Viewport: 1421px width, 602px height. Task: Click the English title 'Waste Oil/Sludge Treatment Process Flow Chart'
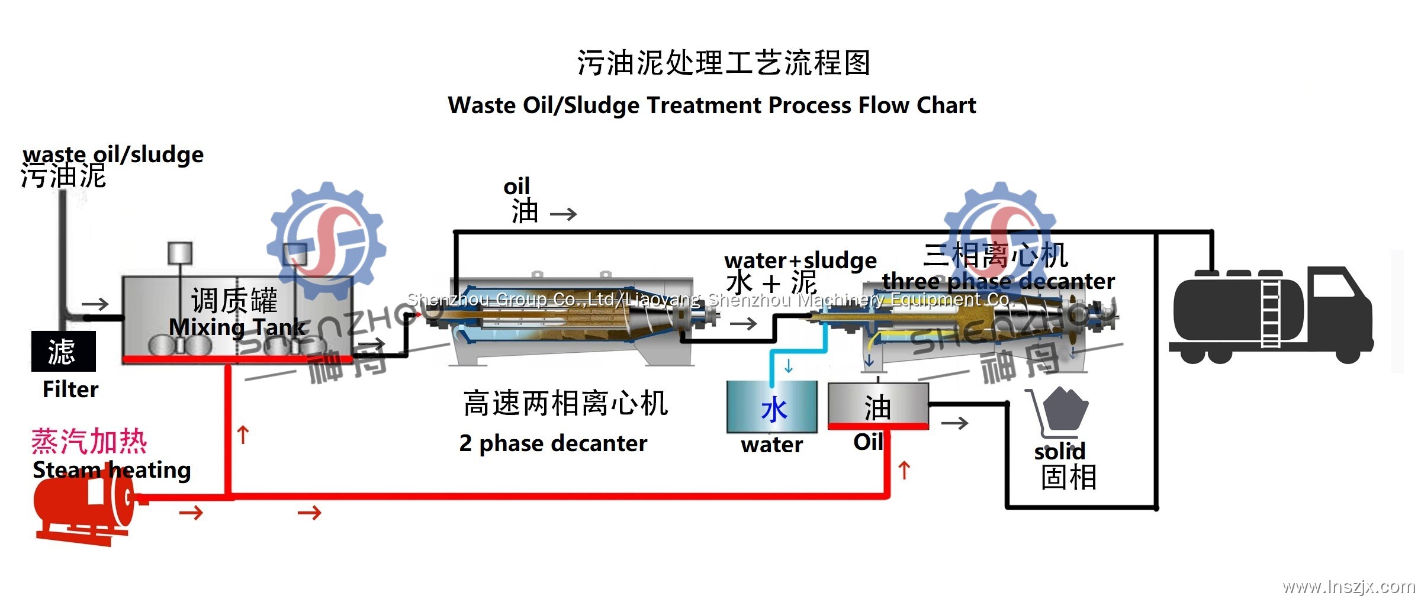(x=712, y=105)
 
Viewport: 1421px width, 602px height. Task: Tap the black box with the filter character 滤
(x=63, y=351)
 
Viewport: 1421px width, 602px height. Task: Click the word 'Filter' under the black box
(x=70, y=389)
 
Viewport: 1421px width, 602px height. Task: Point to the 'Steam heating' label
(x=112, y=470)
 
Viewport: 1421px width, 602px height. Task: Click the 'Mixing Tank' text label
(x=237, y=327)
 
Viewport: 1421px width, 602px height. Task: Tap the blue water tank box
(x=772, y=407)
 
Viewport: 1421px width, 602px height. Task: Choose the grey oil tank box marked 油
(x=877, y=405)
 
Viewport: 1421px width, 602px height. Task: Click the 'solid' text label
(x=1060, y=452)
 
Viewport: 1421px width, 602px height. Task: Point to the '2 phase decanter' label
(x=553, y=443)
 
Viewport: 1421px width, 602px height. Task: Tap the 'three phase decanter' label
(x=998, y=281)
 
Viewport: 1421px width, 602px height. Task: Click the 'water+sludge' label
(x=800, y=260)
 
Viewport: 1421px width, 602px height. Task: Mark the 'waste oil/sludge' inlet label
(x=113, y=154)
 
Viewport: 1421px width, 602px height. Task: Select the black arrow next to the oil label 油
(x=563, y=214)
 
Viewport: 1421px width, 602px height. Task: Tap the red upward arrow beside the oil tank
(x=904, y=471)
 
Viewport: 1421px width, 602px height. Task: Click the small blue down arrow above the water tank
(x=789, y=366)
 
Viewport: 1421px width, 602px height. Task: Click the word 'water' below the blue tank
(x=772, y=445)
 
